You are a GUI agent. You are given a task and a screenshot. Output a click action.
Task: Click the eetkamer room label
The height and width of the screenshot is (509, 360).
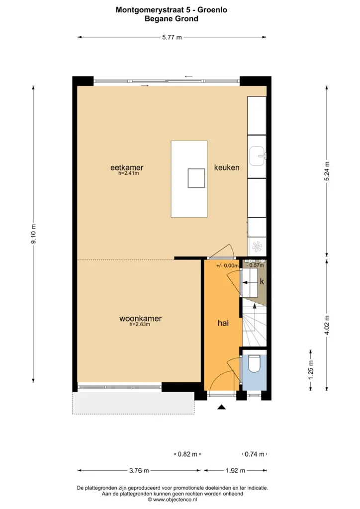(127, 168)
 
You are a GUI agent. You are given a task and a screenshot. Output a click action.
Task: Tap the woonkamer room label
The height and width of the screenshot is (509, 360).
(140, 319)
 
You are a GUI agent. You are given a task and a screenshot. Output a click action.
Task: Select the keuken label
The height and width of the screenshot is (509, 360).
(227, 168)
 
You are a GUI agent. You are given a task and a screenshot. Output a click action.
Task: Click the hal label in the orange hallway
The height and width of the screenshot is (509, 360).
(223, 323)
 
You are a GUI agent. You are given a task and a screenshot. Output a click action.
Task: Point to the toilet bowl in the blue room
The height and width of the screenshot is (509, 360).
(254, 363)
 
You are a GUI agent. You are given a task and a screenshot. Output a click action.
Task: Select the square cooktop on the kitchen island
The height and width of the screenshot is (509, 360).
(196, 178)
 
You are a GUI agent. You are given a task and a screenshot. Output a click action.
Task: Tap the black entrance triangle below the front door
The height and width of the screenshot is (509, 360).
(221, 407)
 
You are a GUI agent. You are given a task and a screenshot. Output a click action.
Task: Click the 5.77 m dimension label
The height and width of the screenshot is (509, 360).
(172, 37)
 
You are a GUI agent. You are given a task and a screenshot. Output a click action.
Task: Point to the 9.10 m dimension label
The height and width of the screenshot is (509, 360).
(33, 234)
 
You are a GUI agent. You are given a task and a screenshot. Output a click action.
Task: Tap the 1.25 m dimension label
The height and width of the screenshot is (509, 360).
(311, 370)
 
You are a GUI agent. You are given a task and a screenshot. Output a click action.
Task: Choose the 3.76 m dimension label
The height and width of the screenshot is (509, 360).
(139, 470)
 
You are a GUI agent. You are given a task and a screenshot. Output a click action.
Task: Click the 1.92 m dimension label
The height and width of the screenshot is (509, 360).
(235, 470)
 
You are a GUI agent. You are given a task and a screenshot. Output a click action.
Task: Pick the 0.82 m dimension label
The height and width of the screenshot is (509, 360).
(187, 454)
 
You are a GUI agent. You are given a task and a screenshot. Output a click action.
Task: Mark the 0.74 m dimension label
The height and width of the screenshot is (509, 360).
(254, 454)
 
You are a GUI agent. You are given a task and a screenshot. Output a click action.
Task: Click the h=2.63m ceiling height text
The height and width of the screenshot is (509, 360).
(140, 324)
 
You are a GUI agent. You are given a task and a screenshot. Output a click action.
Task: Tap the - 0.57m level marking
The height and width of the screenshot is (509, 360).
(255, 265)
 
